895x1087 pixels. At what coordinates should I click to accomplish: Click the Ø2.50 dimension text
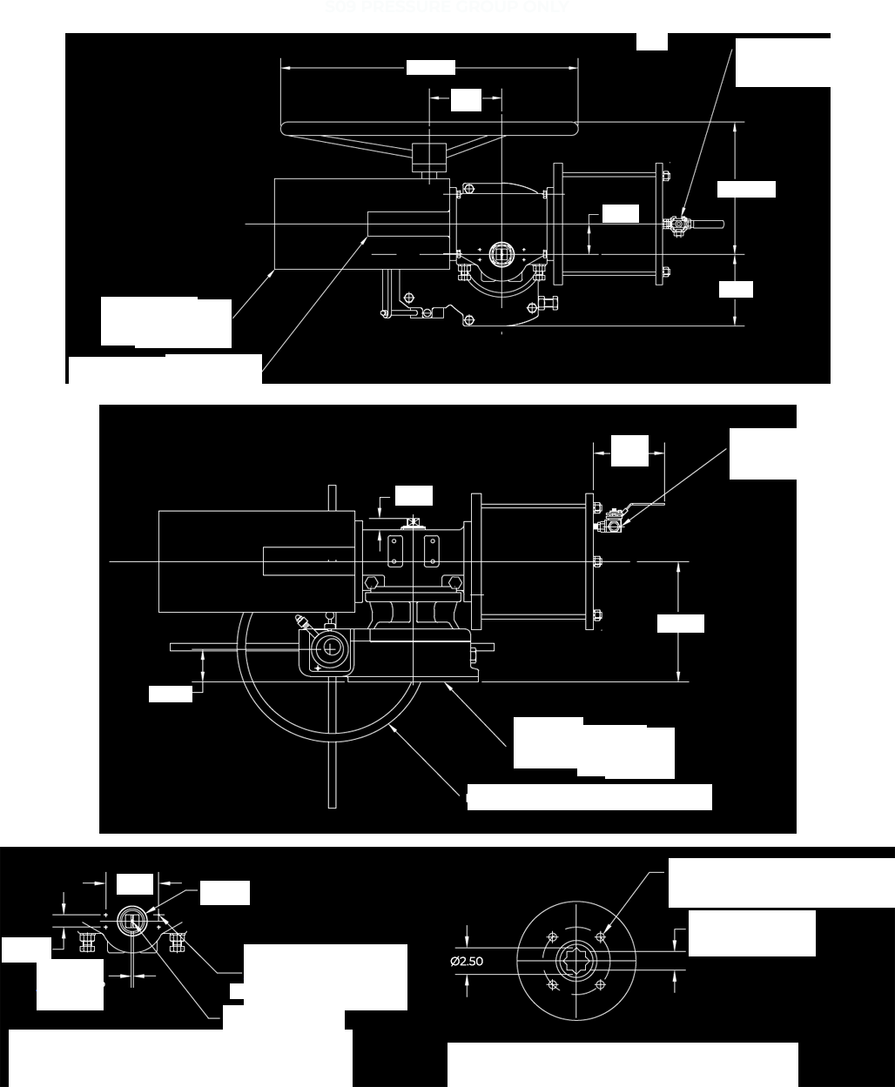pos(467,962)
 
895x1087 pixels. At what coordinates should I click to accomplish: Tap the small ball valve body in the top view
pos(677,225)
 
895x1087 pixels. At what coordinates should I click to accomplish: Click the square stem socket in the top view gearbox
pos(500,253)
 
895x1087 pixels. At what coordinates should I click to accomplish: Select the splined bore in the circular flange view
pos(577,962)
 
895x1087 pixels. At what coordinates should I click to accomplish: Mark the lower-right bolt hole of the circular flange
pos(602,986)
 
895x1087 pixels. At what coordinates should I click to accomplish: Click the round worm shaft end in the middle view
pos(330,647)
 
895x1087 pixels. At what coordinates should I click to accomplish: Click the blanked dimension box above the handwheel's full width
pos(430,67)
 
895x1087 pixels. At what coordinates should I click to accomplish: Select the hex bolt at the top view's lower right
pos(548,303)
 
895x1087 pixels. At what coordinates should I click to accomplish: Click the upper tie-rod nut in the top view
pos(666,176)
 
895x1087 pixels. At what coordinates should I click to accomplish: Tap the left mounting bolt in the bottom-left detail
pos(86,942)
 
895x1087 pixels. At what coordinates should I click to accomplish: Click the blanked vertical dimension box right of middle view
pos(680,623)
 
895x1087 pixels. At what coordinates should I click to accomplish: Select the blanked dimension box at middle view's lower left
pos(170,694)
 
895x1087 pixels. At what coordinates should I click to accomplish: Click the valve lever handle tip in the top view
pos(719,225)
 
